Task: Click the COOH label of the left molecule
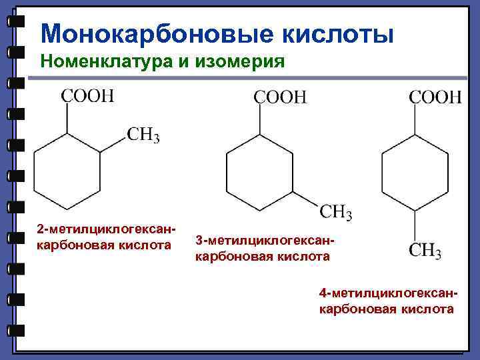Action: [87, 96]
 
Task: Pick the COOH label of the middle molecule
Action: [280, 97]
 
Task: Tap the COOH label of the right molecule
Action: [435, 97]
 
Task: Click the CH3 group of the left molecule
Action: [143, 136]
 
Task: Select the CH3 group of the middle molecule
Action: [337, 213]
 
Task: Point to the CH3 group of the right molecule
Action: [425, 251]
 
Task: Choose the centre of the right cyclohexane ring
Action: [415, 173]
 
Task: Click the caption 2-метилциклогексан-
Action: [107, 230]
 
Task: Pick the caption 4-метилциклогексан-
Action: [389, 293]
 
